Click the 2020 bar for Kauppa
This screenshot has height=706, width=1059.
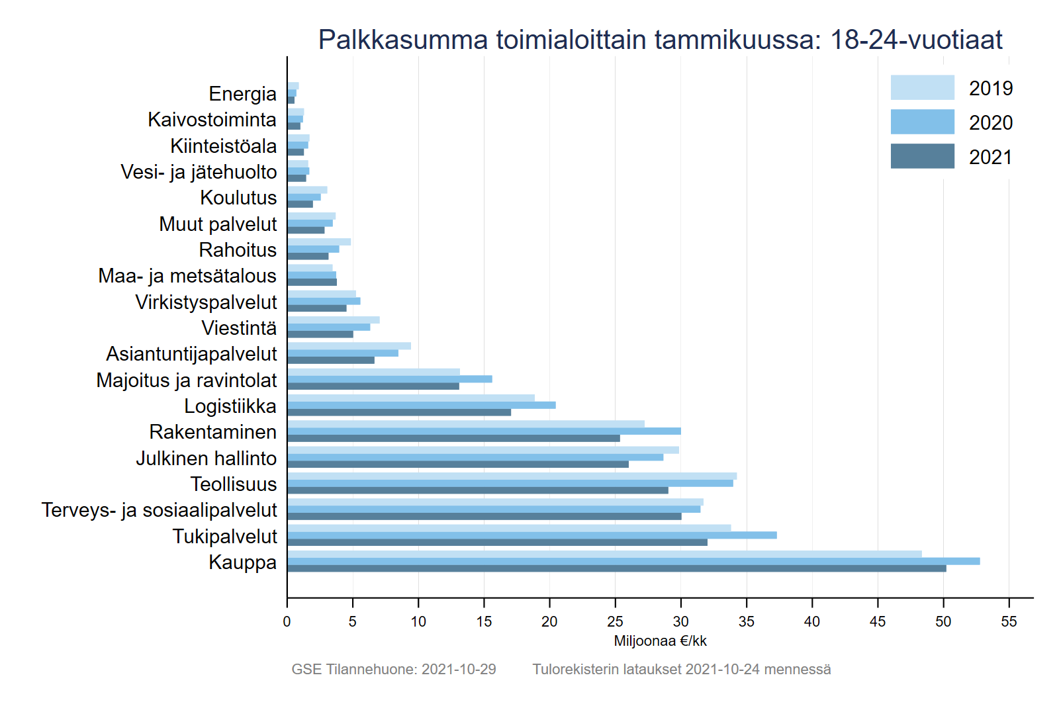[633, 561]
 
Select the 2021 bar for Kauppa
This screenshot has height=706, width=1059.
[616, 568]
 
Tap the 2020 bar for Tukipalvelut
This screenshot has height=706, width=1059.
[531, 535]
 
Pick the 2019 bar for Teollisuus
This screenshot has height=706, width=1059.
[512, 476]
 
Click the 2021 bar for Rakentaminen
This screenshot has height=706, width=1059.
[453, 438]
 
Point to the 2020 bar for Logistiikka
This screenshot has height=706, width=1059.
[421, 405]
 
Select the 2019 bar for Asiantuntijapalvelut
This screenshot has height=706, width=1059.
[349, 346]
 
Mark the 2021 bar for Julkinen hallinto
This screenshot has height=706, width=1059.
[457, 464]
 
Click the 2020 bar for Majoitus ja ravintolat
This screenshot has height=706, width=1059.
[389, 379]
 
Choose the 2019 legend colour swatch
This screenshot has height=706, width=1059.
[922, 87]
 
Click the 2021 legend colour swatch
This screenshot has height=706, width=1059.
[922, 156]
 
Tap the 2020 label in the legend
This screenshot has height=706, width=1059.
[990, 122]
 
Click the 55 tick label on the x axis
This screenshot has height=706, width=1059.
[1009, 622]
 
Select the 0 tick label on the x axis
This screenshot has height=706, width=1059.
[287, 622]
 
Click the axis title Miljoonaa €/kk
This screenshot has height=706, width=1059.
[660, 640]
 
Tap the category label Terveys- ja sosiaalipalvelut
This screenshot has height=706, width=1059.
[159, 510]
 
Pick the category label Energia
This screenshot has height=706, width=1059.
[242, 94]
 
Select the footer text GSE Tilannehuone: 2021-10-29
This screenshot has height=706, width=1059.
[394, 669]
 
